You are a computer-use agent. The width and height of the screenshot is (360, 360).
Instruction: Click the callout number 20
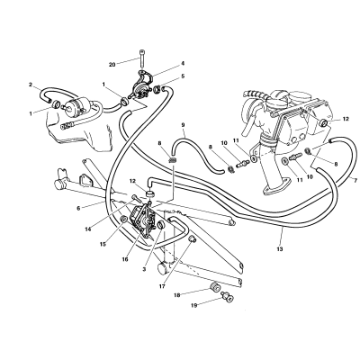[x=112, y=65]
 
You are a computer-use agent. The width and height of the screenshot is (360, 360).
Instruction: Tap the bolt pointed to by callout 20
[x=141, y=59]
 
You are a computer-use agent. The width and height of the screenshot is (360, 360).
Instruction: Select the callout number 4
[x=183, y=64]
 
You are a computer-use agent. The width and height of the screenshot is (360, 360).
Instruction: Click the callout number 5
[x=183, y=76]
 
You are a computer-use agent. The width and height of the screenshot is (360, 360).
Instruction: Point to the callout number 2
[x=31, y=85]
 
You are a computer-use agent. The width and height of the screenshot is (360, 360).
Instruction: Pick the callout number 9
[x=183, y=124]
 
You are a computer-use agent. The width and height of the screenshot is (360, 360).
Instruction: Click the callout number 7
[x=355, y=180]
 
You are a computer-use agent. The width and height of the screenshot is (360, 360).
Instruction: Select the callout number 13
[x=280, y=248]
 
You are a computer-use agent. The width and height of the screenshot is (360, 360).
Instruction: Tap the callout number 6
[x=78, y=208]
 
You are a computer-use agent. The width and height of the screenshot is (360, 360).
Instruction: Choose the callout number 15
[x=103, y=244]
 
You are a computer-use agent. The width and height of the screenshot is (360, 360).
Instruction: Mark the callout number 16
[x=125, y=259]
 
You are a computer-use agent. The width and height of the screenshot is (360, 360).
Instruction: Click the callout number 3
[x=144, y=269]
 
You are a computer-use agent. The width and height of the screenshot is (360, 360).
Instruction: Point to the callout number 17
[x=162, y=286]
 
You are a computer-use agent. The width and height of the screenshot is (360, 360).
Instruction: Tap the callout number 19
[x=194, y=305]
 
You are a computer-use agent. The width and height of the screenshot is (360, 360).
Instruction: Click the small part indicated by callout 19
[x=228, y=295]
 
